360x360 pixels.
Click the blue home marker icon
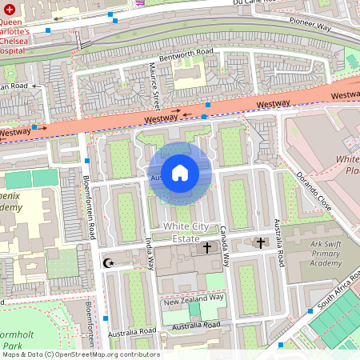point(180,173)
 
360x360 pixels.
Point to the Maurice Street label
point(153,86)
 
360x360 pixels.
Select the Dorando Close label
point(313,185)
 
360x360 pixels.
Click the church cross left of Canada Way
point(207,248)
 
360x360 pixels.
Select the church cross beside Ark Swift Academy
point(258,242)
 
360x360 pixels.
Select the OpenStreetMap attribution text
point(80,354)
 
